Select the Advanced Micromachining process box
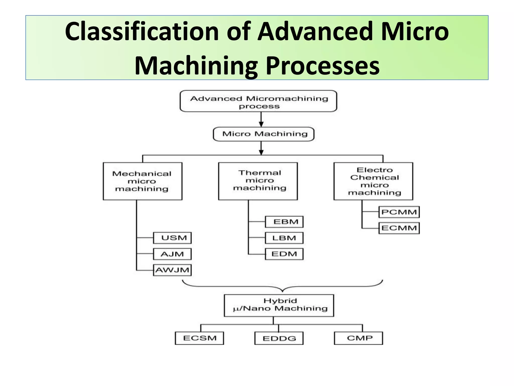click(258, 101)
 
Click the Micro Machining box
click(264, 134)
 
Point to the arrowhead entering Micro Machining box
click(261, 124)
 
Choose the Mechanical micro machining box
click(142, 181)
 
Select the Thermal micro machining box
click(258, 181)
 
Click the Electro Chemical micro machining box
click(373, 181)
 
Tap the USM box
click(172, 238)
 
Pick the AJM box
click(172, 254)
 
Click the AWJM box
click(172, 270)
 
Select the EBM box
click(284, 222)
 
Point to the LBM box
click(284, 238)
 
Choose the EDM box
click(284, 254)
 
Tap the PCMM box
click(399, 212)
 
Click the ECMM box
click(399, 228)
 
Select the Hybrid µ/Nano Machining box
click(279, 305)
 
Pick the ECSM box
click(199, 338)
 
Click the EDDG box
click(279, 338)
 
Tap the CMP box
click(358, 338)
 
